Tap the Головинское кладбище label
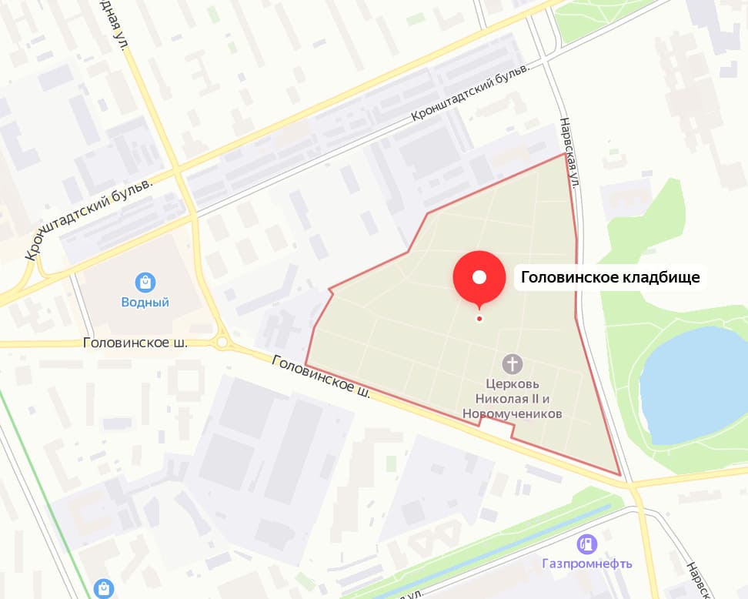pyautogui.click(x=610, y=278)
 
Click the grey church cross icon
pyautogui.click(x=513, y=363)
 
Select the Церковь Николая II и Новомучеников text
pyautogui.click(x=513, y=398)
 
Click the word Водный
pyautogui.click(x=145, y=303)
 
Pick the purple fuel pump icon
pyautogui.click(x=587, y=544)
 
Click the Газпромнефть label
pyautogui.click(x=587, y=564)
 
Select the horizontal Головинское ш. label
pyautogui.click(x=135, y=343)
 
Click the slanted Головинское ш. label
pyautogui.click(x=322, y=376)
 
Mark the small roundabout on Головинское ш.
pyautogui.click(x=224, y=341)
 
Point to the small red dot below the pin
pyautogui.click(x=479, y=318)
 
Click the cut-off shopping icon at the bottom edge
pyautogui.click(x=103, y=589)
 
